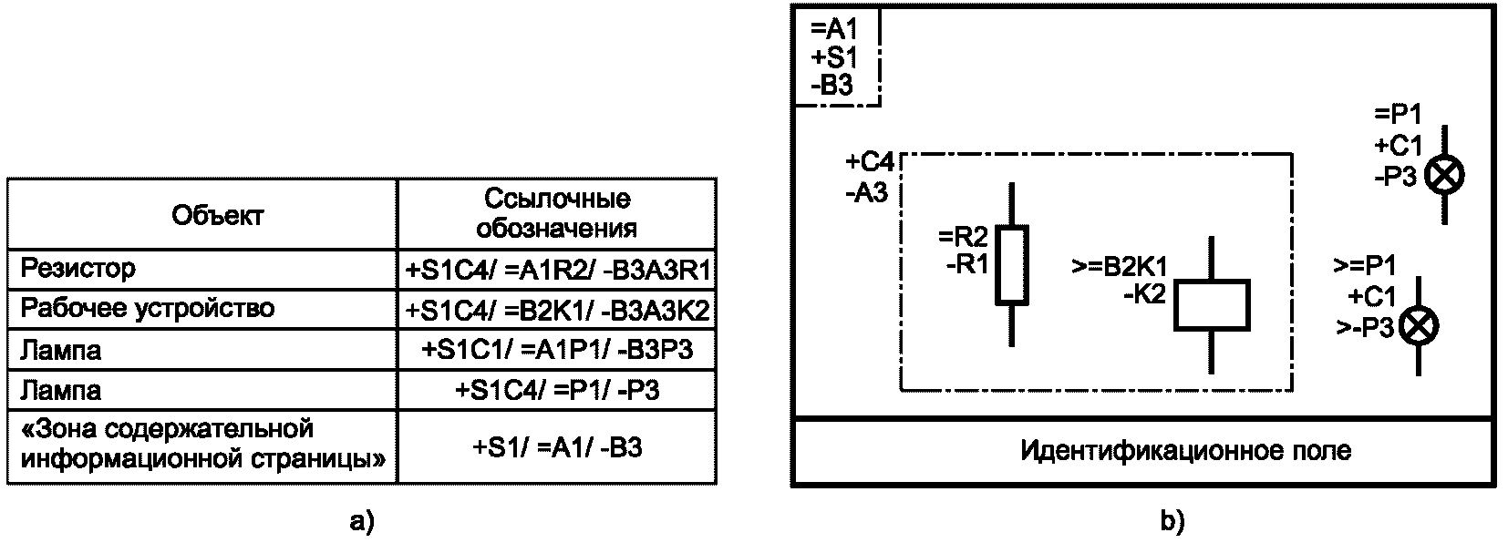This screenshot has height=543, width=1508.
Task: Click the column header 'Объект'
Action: [217, 215]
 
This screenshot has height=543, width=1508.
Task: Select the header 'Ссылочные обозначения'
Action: [557, 212]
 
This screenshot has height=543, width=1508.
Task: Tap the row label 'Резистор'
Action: [78, 269]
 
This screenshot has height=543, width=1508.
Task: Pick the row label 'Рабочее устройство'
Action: [148, 308]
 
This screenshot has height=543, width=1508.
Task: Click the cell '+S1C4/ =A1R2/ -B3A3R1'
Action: [558, 271]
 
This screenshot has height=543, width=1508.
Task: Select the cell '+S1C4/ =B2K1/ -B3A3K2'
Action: [558, 311]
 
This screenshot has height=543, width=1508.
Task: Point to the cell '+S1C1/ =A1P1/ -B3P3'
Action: [558, 351]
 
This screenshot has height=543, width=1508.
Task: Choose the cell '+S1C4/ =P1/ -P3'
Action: [558, 391]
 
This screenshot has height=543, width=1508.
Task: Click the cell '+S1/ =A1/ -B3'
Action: [558, 447]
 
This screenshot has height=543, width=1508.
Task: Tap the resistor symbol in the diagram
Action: [1011, 264]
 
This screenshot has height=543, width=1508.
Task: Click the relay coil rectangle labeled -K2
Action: [1211, 305]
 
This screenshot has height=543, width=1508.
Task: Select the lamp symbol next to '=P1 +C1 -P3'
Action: [1444, 175]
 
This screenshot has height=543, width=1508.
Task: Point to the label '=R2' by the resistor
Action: [963, 238]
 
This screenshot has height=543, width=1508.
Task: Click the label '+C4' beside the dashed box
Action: [869, 163]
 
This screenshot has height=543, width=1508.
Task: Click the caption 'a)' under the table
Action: [362, 522]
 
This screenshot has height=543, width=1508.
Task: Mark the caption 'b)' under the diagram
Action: [1172, 522]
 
